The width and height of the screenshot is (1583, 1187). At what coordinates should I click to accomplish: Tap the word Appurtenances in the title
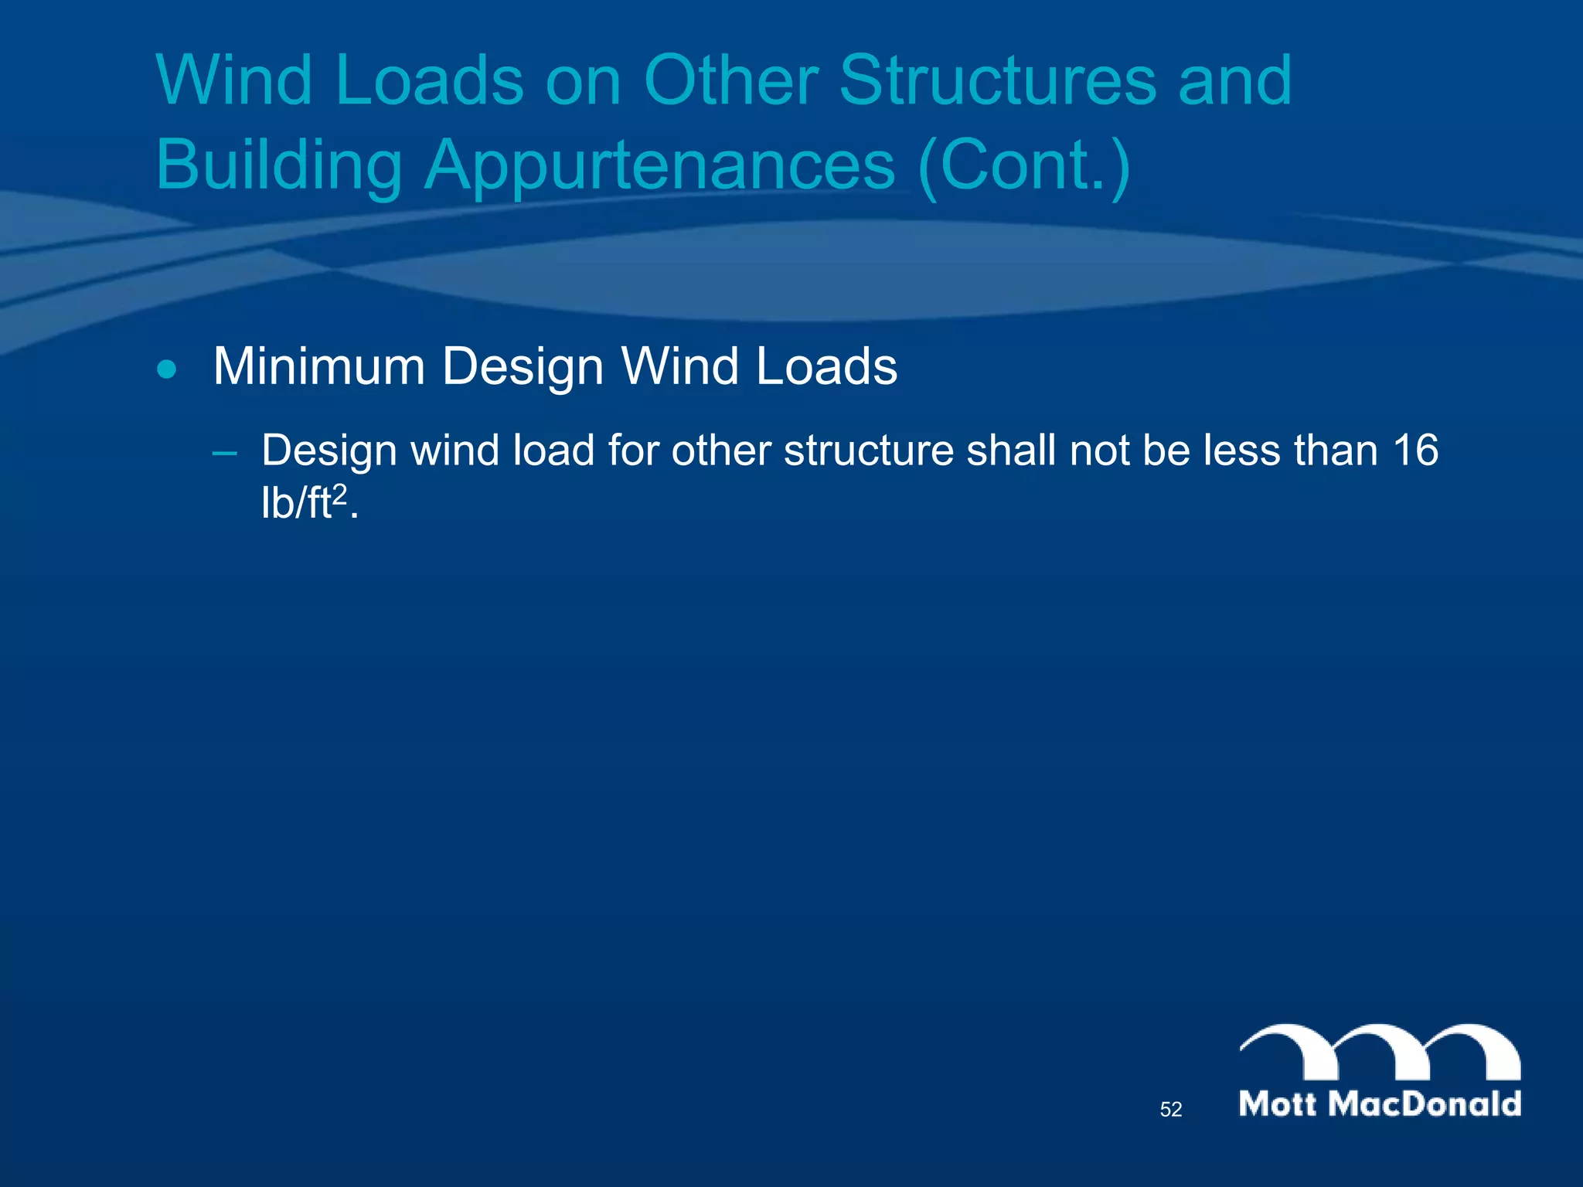click(660, 165)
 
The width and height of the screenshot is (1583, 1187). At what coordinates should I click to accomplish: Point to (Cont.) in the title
click(1024, 165)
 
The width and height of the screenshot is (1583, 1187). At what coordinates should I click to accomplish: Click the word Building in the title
click(279, 165)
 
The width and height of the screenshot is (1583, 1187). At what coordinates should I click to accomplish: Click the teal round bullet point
click(166, 369)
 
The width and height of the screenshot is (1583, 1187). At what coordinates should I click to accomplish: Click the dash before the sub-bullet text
click(225, 453)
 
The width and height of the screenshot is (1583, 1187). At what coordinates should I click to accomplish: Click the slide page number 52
click(1171, 1110)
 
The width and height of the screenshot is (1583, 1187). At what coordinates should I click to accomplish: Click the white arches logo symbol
click(1380, 1053)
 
